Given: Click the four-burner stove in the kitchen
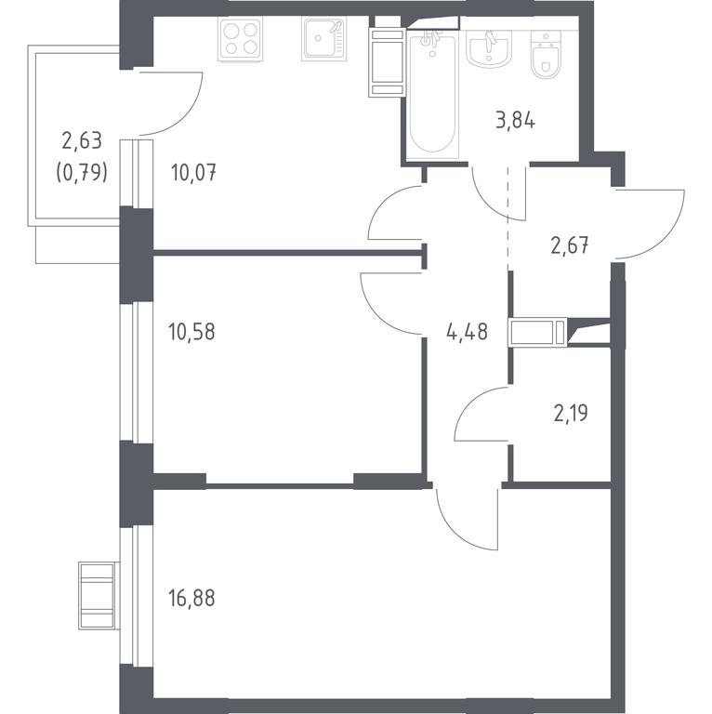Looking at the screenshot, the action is click(241, 39).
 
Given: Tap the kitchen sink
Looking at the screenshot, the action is click(323, 39).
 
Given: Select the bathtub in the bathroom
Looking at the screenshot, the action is click(432, 94).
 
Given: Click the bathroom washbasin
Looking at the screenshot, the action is click(489, 50).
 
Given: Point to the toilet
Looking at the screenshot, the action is click(546, 54).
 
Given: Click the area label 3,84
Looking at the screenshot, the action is click(515, 122).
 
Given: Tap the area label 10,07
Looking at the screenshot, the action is click(193, 173).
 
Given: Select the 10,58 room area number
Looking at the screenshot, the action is click(191, 332).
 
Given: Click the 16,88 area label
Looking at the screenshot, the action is click(191, 598).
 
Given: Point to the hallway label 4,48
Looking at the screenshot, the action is click(468, 332).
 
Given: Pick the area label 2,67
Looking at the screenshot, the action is click(570, 246).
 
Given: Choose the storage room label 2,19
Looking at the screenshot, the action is click(571, 414).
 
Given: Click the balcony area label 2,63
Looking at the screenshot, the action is click(82, 140).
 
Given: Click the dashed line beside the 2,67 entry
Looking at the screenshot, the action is click(508, 218).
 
